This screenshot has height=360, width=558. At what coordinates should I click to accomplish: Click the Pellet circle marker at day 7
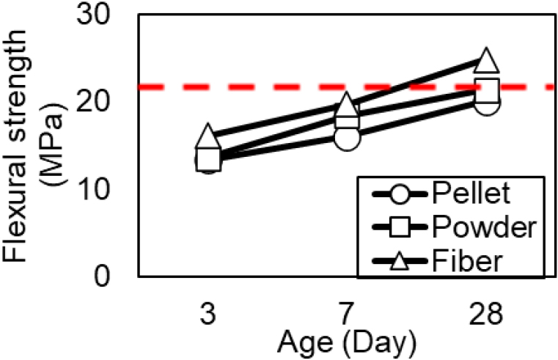coord(348,136)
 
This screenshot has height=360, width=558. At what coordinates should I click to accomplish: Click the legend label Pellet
coord(469,195)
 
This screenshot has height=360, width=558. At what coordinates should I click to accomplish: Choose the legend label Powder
coord(480,227)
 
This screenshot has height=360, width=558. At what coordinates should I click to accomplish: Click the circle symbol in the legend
coord(397,196)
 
